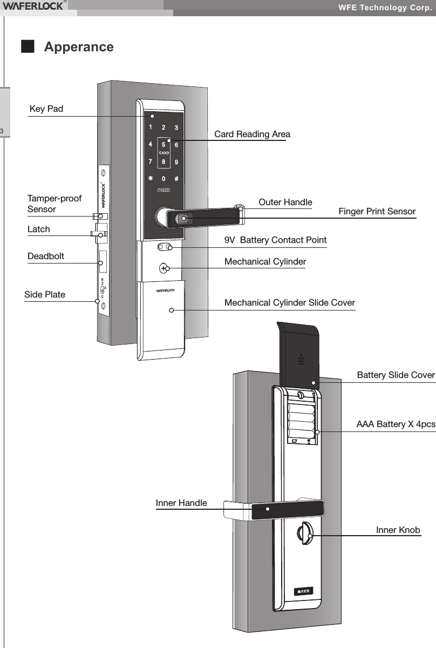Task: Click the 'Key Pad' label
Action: tap(46, 109)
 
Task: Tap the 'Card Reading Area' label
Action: tap(252, 134)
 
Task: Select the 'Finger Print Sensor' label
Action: tap(377, 211)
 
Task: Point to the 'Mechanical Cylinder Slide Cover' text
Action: tap(289, 302)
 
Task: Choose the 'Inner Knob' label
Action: tap(398, 530)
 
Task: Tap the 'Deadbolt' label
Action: tap(46, 256)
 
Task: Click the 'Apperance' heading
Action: tap(79, 47)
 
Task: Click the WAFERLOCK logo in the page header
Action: tap(33, 6)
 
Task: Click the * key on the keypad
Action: tap(151, 178)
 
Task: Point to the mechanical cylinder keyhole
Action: tap(164, 268)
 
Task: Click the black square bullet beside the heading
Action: tap(27, 46)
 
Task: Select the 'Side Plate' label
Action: tap(45, 294)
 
